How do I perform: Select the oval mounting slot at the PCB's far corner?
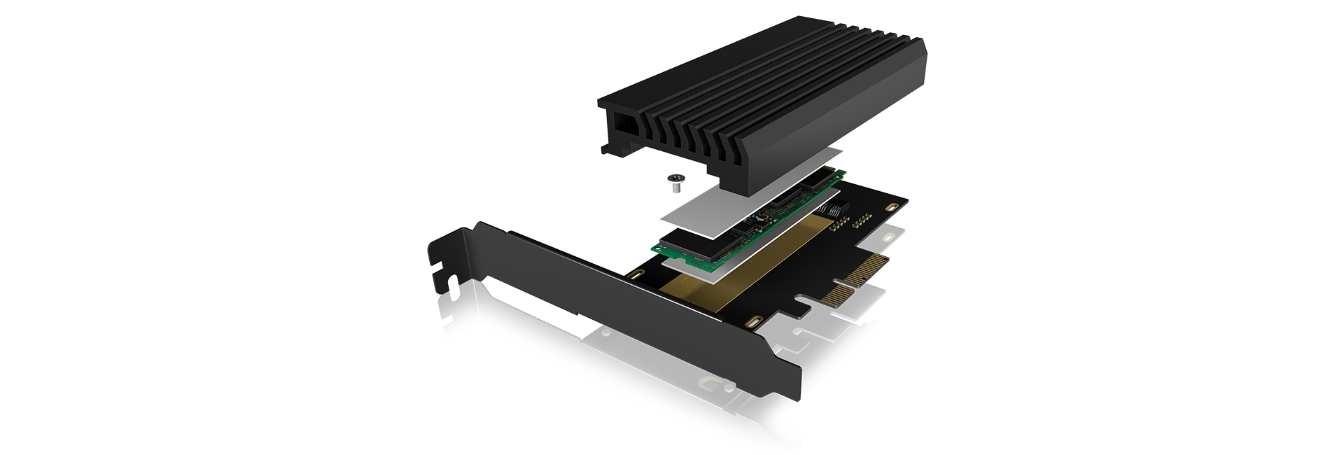point(891,207)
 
